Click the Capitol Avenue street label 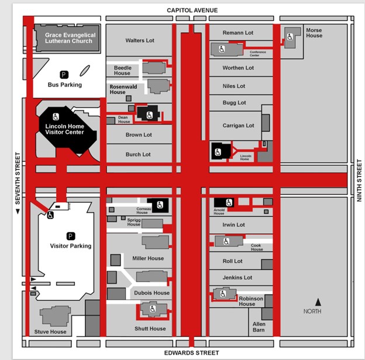click(192, 10)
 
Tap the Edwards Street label click(192, 353)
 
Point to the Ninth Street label click(359, 181)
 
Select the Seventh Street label click(18, 181)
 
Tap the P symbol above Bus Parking click(64, 74)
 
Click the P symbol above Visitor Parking click(71, 236)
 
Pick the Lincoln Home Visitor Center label click(64, 129)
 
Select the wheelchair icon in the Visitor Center click(56, 116)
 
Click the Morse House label click(314, 33)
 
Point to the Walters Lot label click(140, 40)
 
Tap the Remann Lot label click(238, 33)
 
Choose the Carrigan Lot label click(238, 126)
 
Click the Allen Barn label click(259, 327)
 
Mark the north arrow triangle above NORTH click(318, 302)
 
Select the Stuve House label click(50, 332)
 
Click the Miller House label click(148, 258)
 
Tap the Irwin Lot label click(233, 224)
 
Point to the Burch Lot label click(139, 154)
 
